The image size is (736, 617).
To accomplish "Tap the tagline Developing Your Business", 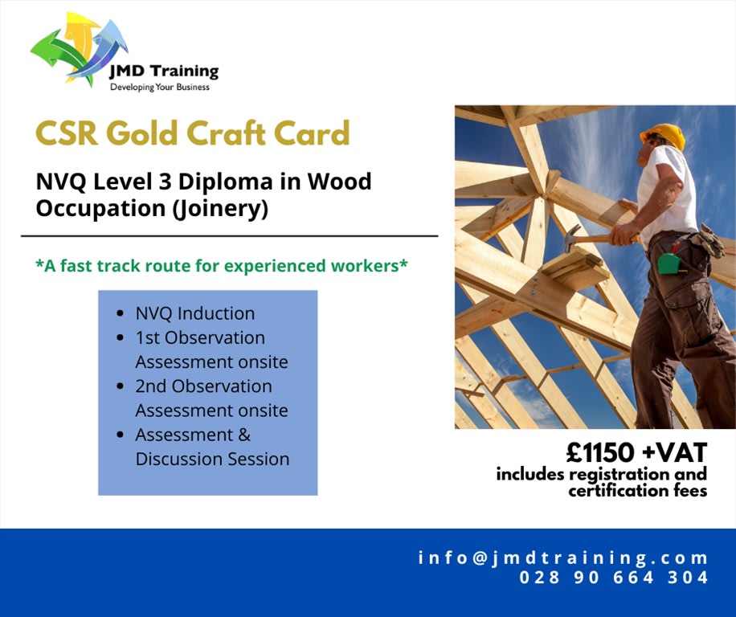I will (159, 87).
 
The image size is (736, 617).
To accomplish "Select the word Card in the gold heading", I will (315, 133).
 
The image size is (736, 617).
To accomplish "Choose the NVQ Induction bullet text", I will (194, 313).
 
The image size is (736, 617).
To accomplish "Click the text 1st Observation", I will (199, 337).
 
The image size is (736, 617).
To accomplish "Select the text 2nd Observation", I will (203, 386).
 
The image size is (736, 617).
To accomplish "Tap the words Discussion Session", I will (212, 460).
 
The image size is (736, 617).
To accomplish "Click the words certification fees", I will (637, 490).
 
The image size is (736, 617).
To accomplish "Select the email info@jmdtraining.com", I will (563, 558).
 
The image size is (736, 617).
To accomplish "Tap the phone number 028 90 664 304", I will (614, 577).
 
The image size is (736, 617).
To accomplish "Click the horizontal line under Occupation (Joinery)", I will (229, 236).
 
